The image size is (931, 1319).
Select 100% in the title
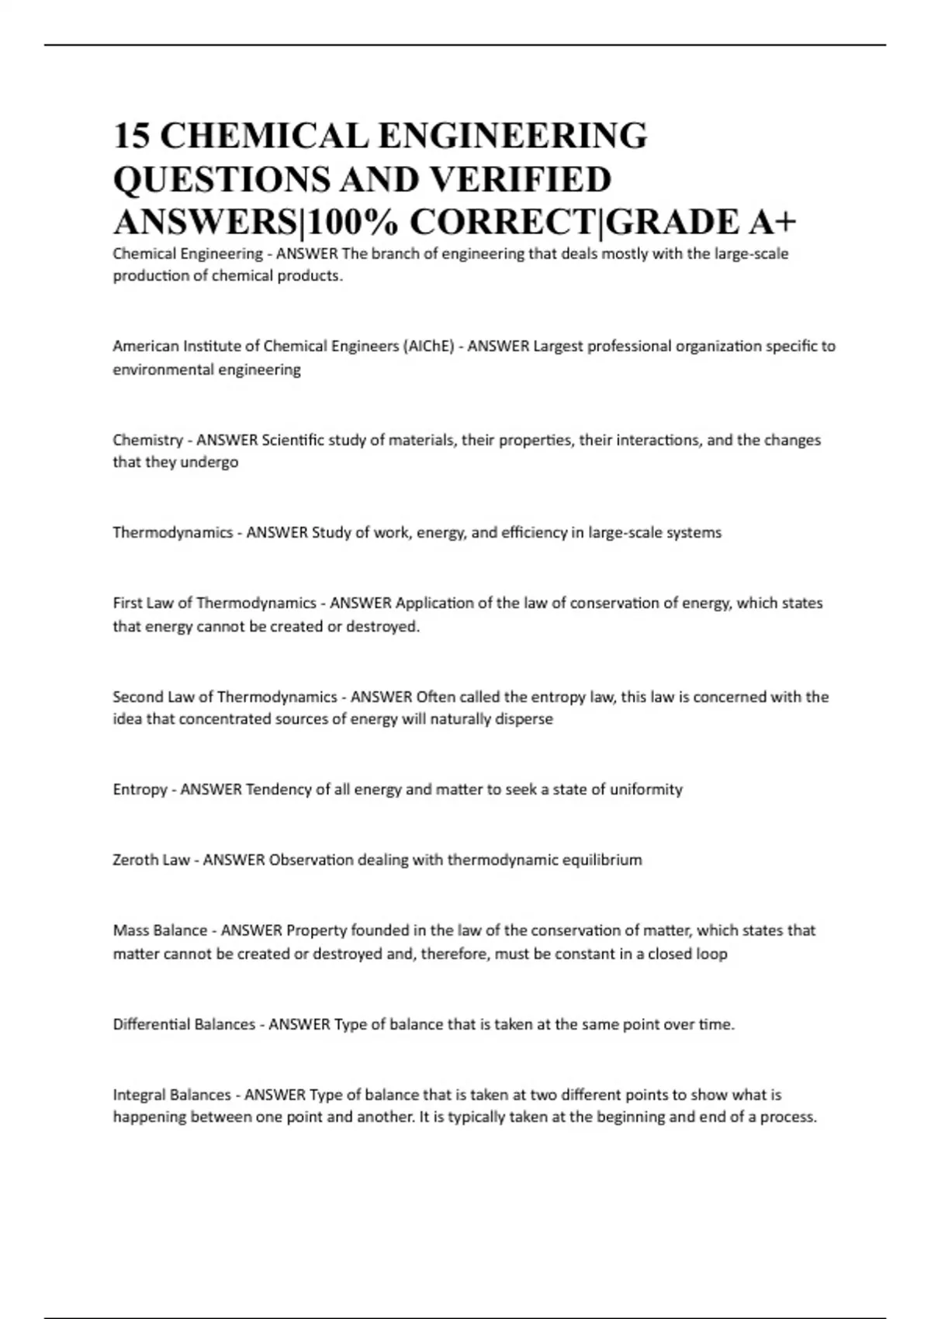point(355,223)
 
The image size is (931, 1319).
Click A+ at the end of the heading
point(772,223)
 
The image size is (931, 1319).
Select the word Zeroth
point(135,860)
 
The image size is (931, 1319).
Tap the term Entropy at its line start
point(140,790)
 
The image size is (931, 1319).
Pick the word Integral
point(139,1095)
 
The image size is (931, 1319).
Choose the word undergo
point(209,462)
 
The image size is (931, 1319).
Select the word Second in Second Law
point(137,697)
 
